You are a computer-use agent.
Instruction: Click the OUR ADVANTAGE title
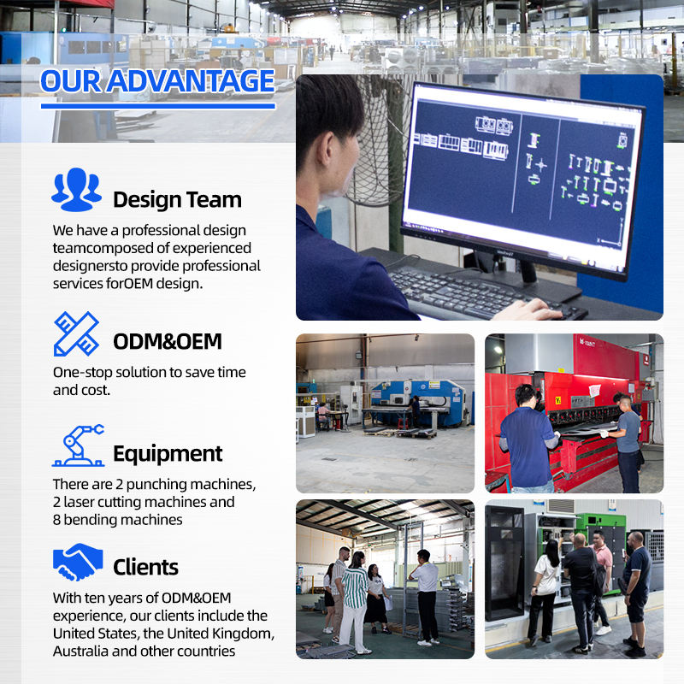(x=157, y=81)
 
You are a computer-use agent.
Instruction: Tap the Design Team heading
(x=177, y=200)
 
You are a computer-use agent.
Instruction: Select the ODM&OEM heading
(x=168, y=341)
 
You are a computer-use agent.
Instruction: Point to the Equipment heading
(x=168, y=454)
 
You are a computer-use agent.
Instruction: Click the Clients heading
(x=145, y=567)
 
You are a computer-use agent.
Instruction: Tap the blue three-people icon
(x=76, y=189)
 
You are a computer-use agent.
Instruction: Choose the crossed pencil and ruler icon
(x=76, y=333)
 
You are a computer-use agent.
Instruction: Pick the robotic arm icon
(x=78, y=445)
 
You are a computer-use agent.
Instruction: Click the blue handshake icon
(x=78, y=562)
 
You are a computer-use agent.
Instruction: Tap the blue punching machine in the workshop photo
(x=416, y=401)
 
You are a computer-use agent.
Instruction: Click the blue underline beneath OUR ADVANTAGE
(x=158, y=106)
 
